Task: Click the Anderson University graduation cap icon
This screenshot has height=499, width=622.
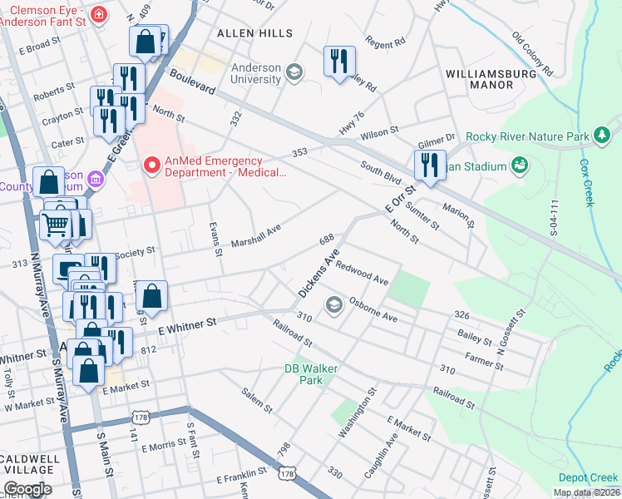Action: tap(294, 73)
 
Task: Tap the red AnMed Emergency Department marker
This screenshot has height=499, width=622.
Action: tap(152, 166)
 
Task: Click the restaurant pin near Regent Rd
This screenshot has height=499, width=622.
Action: tap(339, 61)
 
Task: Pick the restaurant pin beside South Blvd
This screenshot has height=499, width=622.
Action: tap(430, 164)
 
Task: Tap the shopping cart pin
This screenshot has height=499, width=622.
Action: tap(55, 223)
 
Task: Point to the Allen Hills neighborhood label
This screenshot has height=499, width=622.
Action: tap(254, 33)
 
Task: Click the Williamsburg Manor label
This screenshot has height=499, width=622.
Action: tap(491, 79)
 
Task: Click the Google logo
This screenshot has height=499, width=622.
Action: tap(28, 489)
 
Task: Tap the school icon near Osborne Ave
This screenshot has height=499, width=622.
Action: tap(334, 305)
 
